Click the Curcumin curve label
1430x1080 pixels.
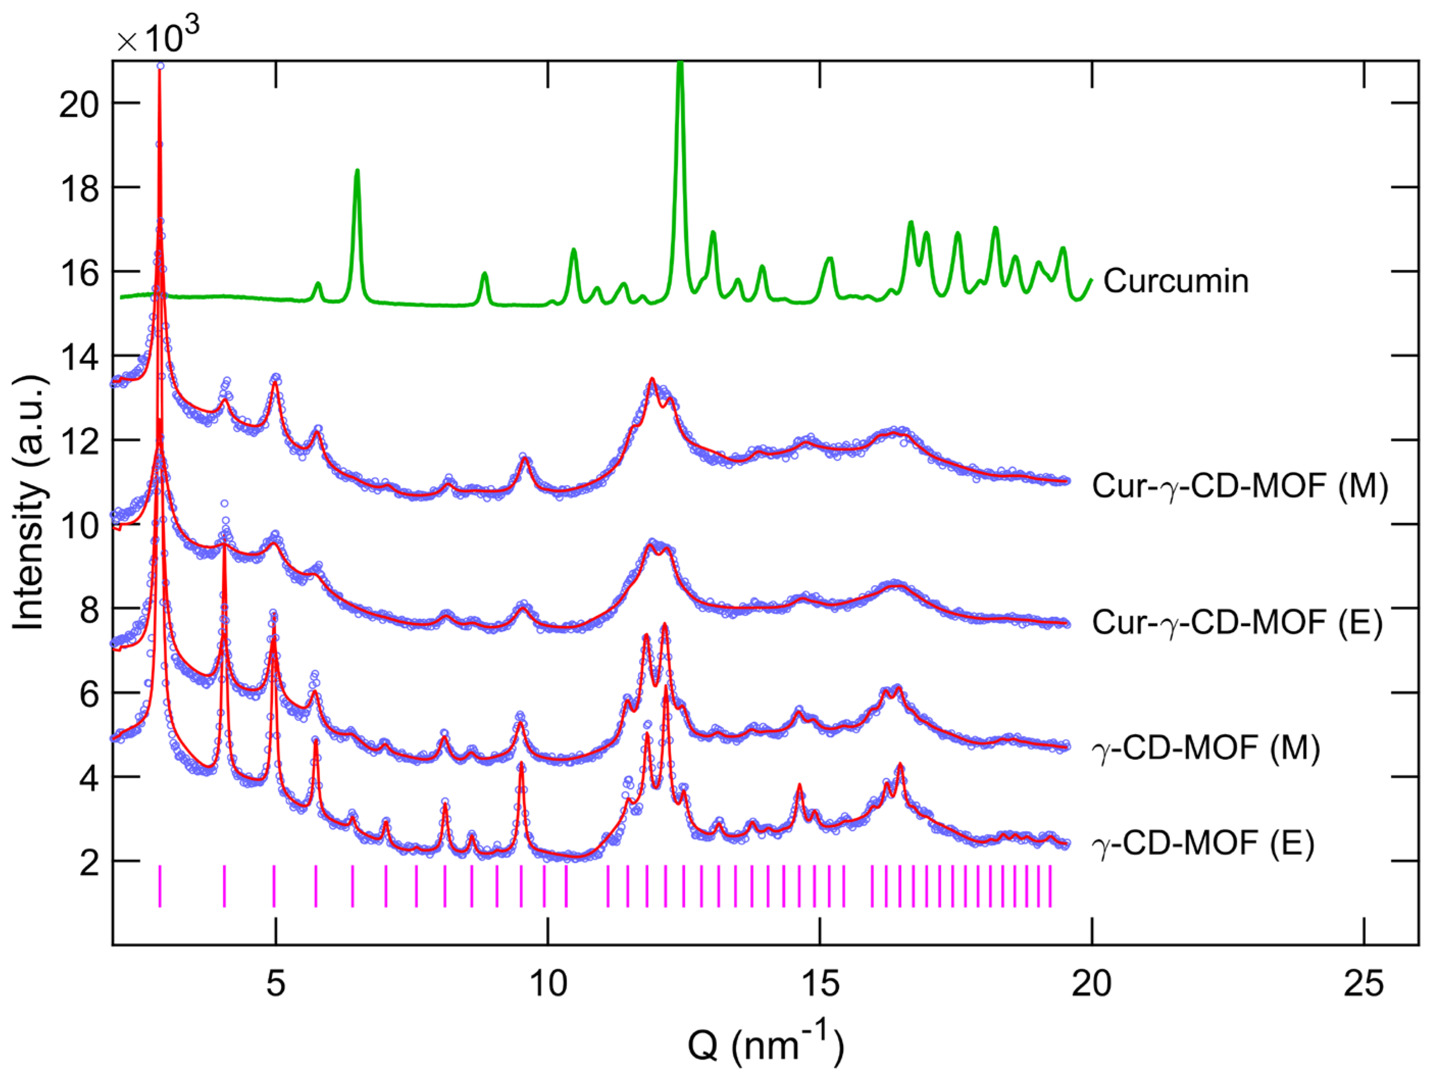pyautogui.click(x=1176, y=281)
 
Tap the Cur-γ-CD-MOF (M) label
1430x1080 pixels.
pyautogui.click(x=1240, y=486)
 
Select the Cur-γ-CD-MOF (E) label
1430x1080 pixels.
pyautogui.click(x=1237, y=622)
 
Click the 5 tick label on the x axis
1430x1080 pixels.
pyautogui.click(x=276, y=984)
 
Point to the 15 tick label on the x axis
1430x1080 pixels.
pyautogui.click(x=820, y=984)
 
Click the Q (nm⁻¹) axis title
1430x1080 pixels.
pyautogui.click(x=765, y=1044)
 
